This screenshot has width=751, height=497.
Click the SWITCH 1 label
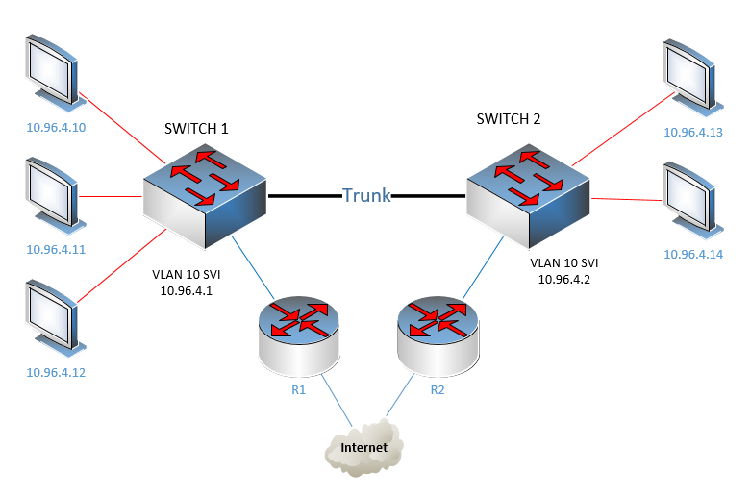coord(196,128)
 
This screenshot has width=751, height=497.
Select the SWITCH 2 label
coord(509,119)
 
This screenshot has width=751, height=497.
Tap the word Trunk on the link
coord(366,195)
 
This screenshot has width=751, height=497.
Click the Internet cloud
coord(363,447)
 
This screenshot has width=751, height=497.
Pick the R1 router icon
coord(299,336)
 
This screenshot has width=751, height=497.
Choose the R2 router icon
coord(438,336)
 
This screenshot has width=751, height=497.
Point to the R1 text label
coord(298,389)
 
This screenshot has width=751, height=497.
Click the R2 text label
coord(438,389)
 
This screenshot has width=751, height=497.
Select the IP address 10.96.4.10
coord(56,127)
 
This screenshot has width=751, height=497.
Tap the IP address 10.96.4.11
coord(56,249)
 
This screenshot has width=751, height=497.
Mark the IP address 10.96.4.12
coord(56,373)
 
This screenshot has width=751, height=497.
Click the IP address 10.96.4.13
coord(693,132)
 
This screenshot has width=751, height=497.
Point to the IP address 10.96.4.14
coord(693,254)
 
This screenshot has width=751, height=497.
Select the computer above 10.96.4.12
coord(55,318)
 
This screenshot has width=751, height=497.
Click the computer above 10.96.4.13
coord(692,78)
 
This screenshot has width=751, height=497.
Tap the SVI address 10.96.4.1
coord(187,290)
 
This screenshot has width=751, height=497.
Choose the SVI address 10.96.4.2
coord(564,279)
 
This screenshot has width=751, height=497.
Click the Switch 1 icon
coord(205,196)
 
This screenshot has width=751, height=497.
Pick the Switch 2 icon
coord(528,196)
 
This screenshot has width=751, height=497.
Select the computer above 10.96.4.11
coord(55,196)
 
